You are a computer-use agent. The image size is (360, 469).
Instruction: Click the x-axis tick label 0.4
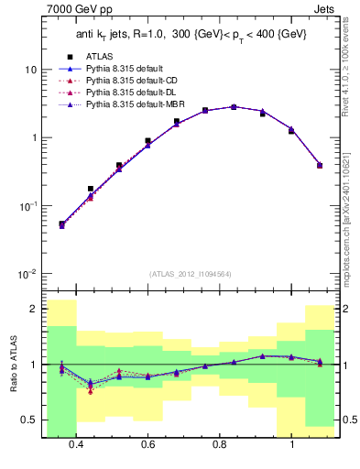(x=76, y=445)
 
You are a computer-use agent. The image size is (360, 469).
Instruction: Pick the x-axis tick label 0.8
(x=220, y=445)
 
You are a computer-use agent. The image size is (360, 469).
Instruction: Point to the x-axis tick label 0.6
(x=148, y=445)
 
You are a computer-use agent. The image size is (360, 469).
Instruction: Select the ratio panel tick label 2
(x=33, y=310)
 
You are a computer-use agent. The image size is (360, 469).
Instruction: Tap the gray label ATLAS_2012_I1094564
(x=189, y=273)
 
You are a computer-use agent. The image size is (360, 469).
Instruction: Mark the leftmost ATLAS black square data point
(x=61, y=224)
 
